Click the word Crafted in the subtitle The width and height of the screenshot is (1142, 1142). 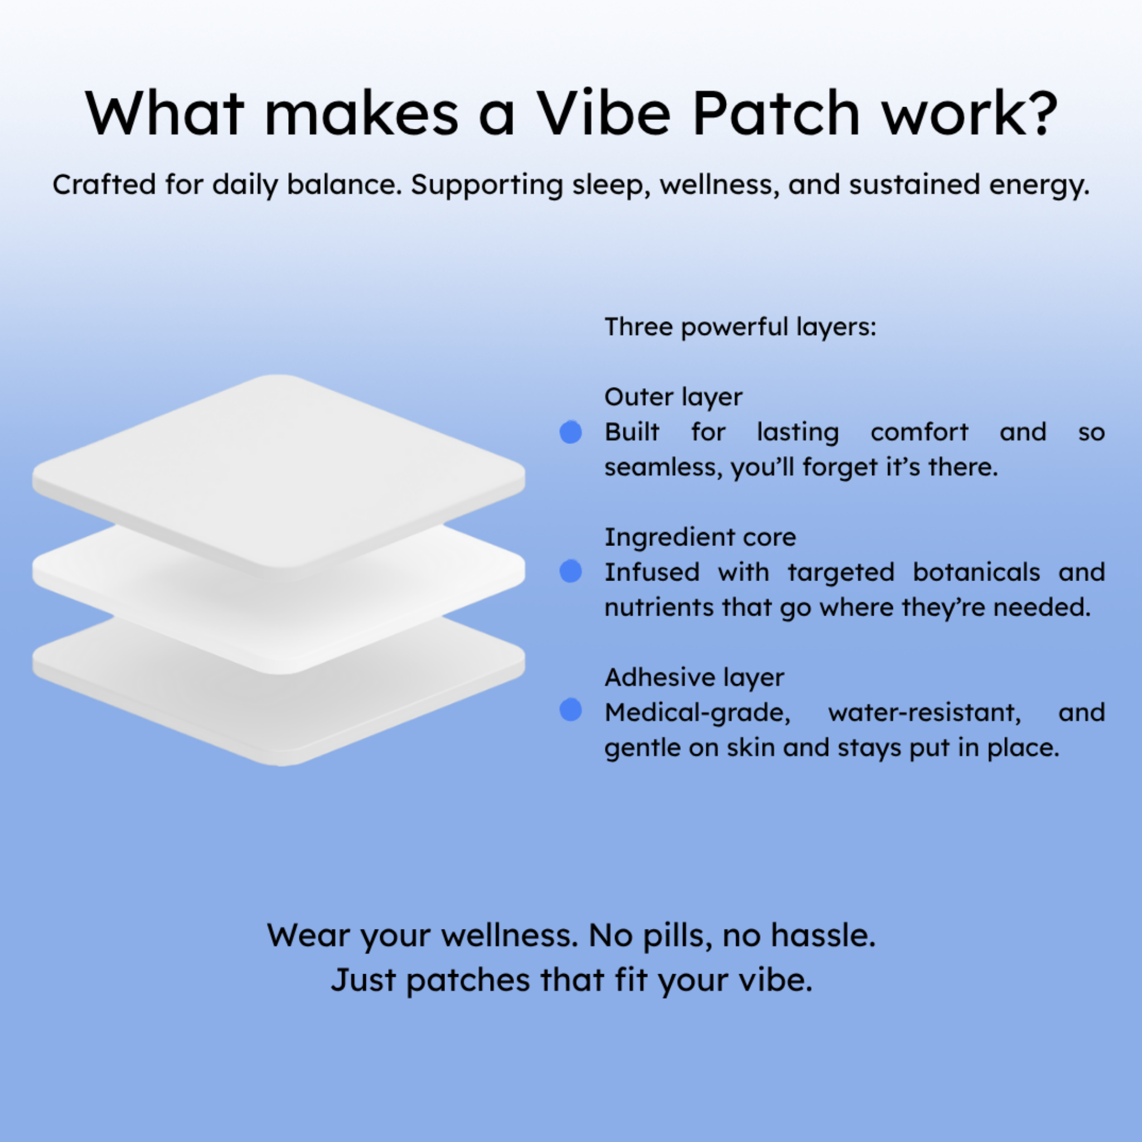click(104, 185)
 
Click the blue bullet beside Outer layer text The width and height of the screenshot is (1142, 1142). click(570, 432)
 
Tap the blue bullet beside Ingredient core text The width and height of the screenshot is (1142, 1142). click(570, 571)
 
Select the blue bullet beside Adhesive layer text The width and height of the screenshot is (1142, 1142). click(570, 710)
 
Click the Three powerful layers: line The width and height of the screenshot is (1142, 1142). click(740, 327)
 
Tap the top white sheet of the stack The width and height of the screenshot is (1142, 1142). click(279, 473)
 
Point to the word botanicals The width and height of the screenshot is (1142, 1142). click(976, 572)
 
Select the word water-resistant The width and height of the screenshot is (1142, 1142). click(925, 712)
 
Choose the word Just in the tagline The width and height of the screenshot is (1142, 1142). click(363, 981)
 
